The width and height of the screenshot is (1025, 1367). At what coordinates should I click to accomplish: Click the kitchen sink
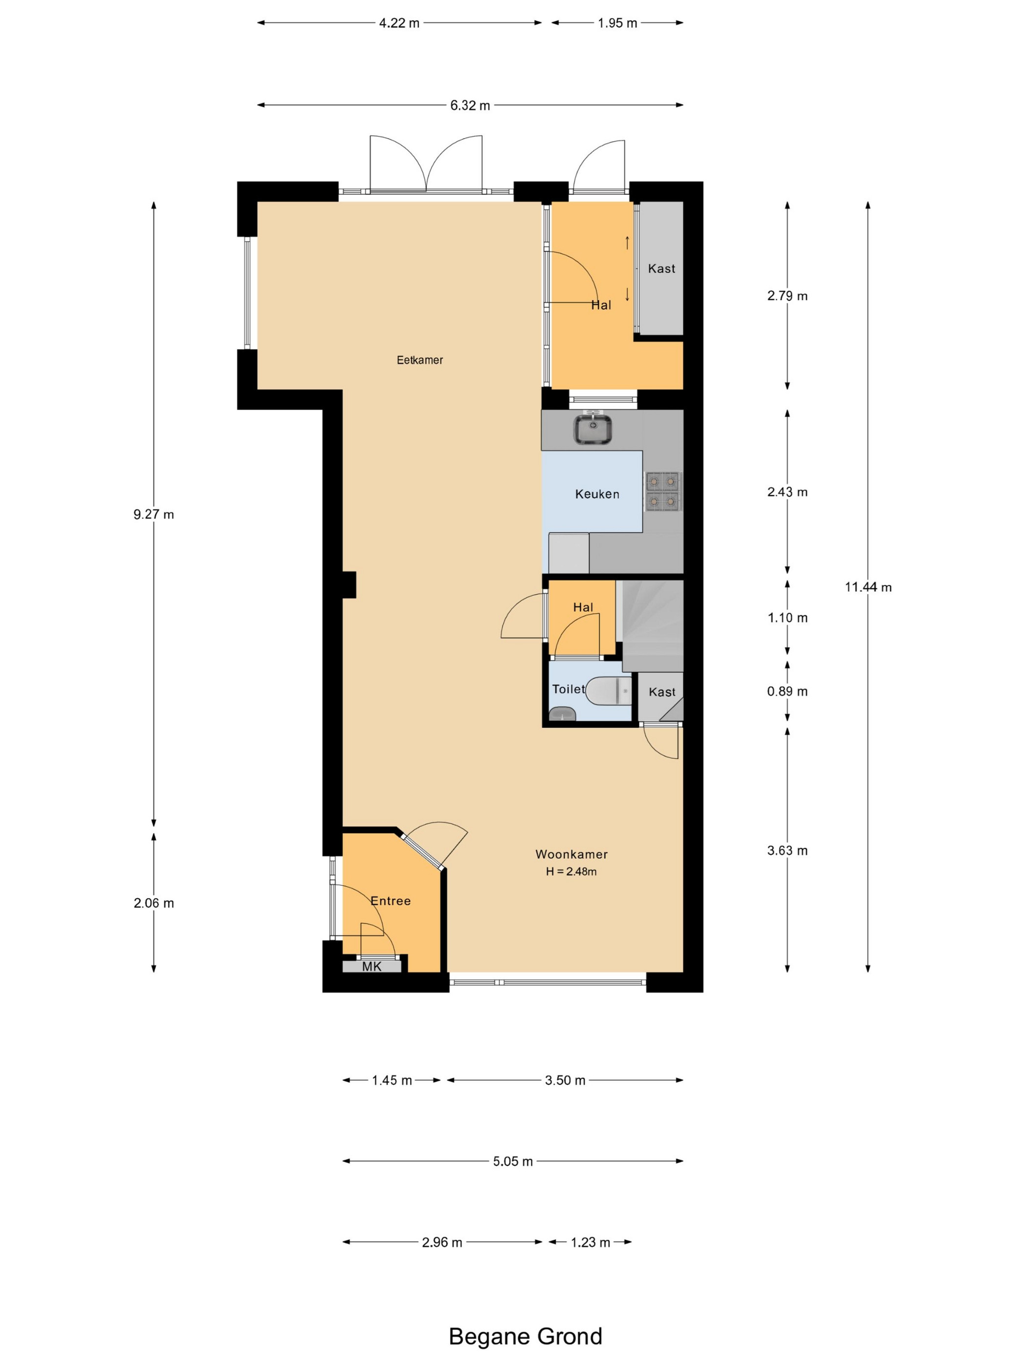[593, 428]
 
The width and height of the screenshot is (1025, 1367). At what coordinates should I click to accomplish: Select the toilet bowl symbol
[609, 690]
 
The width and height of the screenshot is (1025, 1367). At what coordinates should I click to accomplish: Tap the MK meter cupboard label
[372, 966]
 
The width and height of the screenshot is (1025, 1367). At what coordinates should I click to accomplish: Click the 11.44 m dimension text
[868, 587]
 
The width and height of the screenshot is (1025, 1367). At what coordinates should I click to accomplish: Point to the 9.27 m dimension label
[154, 514]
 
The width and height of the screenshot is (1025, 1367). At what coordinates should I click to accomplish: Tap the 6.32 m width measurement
[470, 105]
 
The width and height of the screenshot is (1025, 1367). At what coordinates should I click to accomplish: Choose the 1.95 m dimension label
[617, 23]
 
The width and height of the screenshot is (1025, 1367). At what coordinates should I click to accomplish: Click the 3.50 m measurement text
[565, 1080]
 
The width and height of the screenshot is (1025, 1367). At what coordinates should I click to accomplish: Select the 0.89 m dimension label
[787, 691]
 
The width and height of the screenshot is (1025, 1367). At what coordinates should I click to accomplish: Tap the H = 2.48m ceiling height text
[572, 872]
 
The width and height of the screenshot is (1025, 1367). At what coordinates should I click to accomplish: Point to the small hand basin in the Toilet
[562, 714]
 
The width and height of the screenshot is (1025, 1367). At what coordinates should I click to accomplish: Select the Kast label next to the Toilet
[662, 692]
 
